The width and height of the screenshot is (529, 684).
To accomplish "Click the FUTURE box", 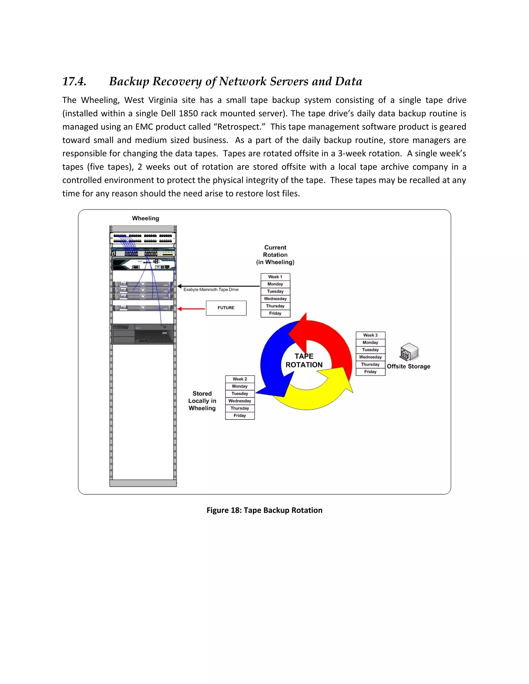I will pyautogui.click(x=226, y=308).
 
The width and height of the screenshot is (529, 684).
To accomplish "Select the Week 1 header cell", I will pyautogui.click(x=275, y=277).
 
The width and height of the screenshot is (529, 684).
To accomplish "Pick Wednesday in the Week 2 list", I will pyautogui.click(x=240, y=401).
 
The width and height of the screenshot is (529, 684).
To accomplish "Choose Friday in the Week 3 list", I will pyautogui.click(x=370, y=372).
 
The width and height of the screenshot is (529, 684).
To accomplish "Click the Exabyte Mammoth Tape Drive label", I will pyautogui.click(x=211, y=290).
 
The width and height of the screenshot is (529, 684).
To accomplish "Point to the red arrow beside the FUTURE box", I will pyautogui.click(x=191, y=309).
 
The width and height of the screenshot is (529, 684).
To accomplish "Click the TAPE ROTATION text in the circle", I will pyautogui.click(x=304, y=361).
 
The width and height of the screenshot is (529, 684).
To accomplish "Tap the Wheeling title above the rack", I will pyautogui.click(x=145, y=218).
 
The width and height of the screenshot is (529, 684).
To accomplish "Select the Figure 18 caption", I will pyautogui.click(x=264, y=510).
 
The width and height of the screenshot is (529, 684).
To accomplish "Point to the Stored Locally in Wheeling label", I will pyautogui.click(x=202, y=401).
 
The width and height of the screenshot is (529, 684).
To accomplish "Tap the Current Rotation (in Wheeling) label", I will pyautogui.click(x=275, y=254).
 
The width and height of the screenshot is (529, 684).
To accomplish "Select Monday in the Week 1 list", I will pyautogui.click(x=275, y=284).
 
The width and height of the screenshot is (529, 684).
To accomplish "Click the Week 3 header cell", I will pyautogui.click(x=370, y=335).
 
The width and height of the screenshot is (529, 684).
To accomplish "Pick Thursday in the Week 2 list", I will pyautogui.click(x=240, y=408).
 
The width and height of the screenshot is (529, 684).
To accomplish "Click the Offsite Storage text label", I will pyautogui.click(x=408, y=367).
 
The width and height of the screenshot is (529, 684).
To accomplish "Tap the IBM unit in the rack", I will pyautogui.click(x=143, y=334).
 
